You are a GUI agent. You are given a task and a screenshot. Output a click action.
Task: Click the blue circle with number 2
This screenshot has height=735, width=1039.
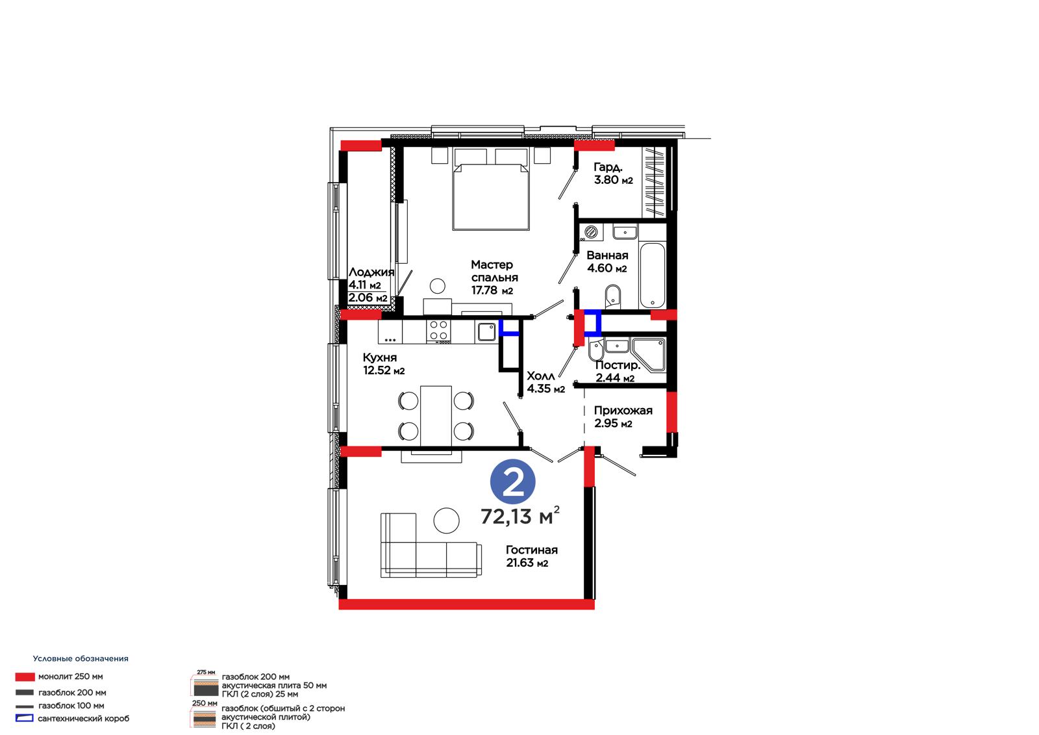512,482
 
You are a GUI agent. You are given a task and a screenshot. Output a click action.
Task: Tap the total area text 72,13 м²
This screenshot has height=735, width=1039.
520,516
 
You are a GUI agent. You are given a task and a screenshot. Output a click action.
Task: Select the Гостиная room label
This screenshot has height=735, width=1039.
532,550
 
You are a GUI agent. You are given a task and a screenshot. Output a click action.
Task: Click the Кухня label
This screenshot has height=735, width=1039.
380,358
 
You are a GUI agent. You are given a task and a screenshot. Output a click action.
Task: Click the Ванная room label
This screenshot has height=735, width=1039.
607,255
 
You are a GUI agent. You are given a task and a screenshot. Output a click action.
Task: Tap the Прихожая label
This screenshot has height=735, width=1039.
623,411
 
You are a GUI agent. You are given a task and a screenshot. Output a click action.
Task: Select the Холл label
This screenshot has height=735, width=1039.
541,376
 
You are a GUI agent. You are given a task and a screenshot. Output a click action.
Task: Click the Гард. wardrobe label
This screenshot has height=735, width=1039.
608,166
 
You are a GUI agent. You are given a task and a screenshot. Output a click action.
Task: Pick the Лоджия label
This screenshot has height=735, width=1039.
371,272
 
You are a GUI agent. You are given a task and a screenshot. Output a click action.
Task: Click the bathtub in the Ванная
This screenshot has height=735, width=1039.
652,276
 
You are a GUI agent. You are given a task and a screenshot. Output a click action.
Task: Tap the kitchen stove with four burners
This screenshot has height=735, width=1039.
438,331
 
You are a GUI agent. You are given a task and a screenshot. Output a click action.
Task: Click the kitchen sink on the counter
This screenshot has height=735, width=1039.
486,332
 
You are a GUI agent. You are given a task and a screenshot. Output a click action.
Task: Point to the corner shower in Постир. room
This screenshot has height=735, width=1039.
649,355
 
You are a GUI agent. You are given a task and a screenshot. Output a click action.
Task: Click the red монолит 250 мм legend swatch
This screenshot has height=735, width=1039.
25,677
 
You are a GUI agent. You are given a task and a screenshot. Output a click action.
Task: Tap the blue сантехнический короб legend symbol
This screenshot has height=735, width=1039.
25,718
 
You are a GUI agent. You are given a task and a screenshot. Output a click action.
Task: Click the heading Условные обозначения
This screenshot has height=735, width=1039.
81,658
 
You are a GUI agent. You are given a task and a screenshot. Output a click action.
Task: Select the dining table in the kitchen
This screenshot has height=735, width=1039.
436,416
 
